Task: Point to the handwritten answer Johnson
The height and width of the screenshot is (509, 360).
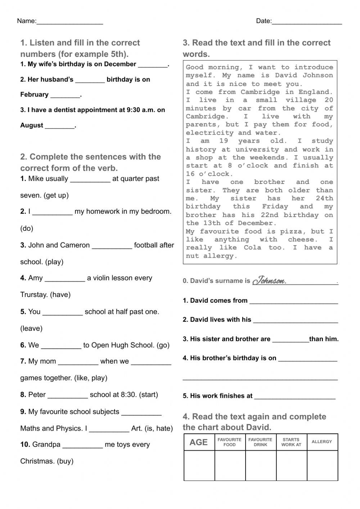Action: [269, 280]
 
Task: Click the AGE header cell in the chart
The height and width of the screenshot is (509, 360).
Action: [199, 442]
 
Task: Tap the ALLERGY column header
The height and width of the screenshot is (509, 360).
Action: [322, 442]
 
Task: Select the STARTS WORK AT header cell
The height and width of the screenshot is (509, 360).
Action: [291, 442]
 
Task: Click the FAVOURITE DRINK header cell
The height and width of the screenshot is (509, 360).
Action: [260, 442]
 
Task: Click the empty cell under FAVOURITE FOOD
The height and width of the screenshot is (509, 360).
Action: [230, 465]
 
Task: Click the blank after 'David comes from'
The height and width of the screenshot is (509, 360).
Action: [293, 302]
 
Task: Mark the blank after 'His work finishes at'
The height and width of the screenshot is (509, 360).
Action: [294, 397]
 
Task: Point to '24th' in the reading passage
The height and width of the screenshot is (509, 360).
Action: [324, 198]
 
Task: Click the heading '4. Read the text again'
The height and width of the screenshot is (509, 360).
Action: [254, 417]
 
